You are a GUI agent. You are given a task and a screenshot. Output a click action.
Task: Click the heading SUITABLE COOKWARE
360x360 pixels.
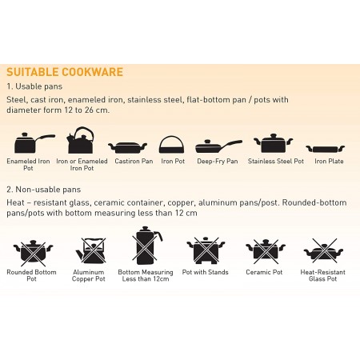(x=65, y=72)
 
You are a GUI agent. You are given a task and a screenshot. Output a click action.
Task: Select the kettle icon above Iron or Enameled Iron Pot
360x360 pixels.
(x=81, y=140)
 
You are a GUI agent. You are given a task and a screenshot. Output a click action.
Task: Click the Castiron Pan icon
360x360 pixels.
(x=127, y=147)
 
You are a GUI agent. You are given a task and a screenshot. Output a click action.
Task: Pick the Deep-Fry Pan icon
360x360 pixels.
(x=218, y=146)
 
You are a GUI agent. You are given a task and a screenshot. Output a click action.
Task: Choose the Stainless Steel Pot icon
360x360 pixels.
(x=274, y=143)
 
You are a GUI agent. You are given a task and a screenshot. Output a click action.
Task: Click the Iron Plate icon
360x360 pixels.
(x=326, y=149)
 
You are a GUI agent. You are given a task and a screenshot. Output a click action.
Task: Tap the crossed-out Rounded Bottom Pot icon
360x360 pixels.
(x=34, y=252)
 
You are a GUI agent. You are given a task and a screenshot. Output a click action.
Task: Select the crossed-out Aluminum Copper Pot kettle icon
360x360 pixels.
(x=91, y=251)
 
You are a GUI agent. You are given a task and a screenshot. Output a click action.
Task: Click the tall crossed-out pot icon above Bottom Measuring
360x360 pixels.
(x=146, y=246)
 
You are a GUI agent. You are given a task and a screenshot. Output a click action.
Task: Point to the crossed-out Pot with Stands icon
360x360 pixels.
(x=206, y=250)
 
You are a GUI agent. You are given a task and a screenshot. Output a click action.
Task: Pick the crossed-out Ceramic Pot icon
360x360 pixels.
(x=266, y=251)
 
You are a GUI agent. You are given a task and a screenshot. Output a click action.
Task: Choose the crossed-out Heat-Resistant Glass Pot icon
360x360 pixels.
(x=323, y=251)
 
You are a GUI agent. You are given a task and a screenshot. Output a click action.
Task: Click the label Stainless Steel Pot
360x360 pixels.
(x=276, y=161)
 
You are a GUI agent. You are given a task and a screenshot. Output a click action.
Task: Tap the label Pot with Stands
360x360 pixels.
(x=206, y=272)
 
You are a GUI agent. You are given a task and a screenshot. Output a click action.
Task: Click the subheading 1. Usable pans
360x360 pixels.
(x=34, y=86)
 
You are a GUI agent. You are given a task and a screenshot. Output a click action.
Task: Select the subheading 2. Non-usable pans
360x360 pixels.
(x=44, y=190)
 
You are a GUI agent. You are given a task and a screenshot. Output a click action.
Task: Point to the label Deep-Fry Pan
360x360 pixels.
(x=218, y=162)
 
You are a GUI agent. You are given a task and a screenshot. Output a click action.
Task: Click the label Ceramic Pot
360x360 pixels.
(x=264, y=272)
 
